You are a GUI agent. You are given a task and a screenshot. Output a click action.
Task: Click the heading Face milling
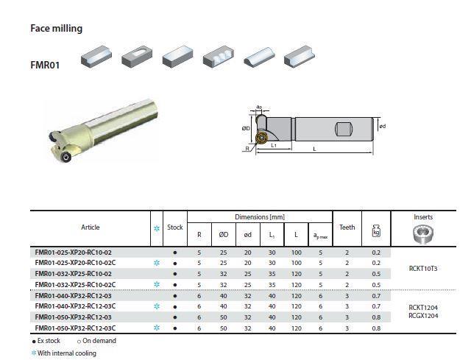coord(56,29)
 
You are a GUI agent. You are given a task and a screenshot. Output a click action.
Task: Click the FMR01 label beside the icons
coord(43,64)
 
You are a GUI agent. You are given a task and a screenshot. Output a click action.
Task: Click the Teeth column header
coord(347,227)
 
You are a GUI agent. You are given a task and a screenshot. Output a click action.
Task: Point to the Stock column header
coord(174,228)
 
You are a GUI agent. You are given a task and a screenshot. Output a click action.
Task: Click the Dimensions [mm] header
coord(260,218)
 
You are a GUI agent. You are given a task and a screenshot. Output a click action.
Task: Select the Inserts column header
coord(423,217)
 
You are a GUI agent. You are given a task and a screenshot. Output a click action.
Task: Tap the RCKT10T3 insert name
coord(423,268)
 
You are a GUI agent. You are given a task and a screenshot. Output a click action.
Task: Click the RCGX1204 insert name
coord(423,316)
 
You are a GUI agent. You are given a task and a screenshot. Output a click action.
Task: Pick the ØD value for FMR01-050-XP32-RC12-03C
coord(223,328)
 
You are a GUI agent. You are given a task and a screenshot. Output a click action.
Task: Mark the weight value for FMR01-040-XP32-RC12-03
coord(376,295)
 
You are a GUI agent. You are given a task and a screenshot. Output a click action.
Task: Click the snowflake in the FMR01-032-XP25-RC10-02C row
coord(156,284)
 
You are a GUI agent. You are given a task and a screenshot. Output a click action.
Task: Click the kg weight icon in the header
coord(376,230)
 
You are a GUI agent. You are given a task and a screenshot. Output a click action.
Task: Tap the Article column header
coord(90,227)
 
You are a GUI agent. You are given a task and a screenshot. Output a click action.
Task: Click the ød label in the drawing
coord(383,127)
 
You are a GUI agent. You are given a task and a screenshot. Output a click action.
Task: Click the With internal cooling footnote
coord(67,353)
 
